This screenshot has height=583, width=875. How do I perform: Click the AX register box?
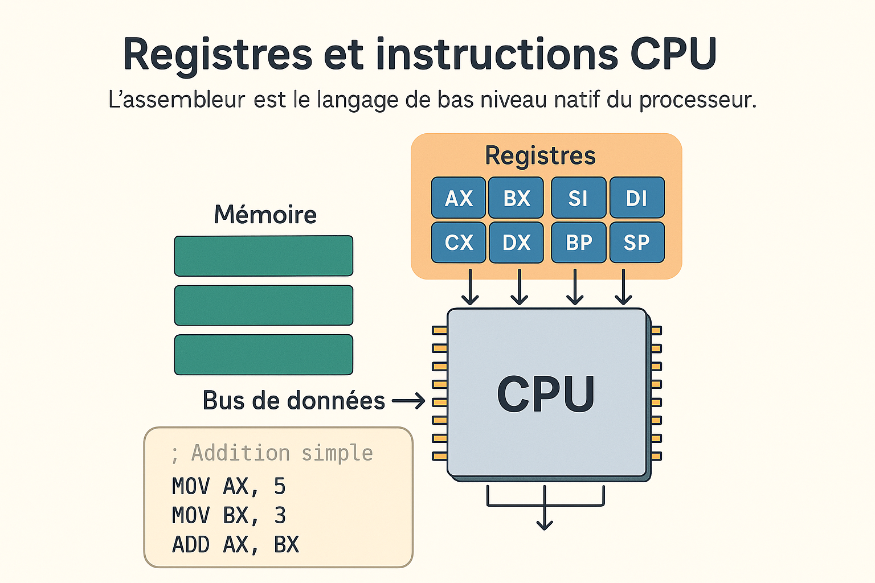click(459, 198)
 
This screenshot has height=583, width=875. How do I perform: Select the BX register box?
click(516, 198)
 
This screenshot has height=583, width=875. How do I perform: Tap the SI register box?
click(579, 198)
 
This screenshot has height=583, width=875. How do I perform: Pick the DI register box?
click(637, 198)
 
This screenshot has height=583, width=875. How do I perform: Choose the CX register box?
click(459, 243)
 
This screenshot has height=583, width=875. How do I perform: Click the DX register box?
click(516, 243)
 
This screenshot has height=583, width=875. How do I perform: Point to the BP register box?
click(579, 243)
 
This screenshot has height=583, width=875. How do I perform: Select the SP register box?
click(637, 243)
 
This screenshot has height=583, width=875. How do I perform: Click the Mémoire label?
click(265, 215)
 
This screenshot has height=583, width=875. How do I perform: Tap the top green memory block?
click(263, 256)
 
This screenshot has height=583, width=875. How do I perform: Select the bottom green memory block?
click(263, 355)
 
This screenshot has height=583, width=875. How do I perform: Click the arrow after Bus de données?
click(408, 401)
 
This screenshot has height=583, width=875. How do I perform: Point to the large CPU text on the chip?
click(546, 394)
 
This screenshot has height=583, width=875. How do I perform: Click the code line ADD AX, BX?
click(235, 545)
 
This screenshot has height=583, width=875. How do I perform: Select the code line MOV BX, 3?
click(228, 516)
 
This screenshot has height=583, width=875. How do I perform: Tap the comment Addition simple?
click(281, 453)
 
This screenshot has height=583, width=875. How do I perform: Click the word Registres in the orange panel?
click(540, 155)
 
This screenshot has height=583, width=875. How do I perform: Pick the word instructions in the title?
click(496, 55)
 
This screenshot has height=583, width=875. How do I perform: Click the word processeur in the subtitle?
click(697, 100)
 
